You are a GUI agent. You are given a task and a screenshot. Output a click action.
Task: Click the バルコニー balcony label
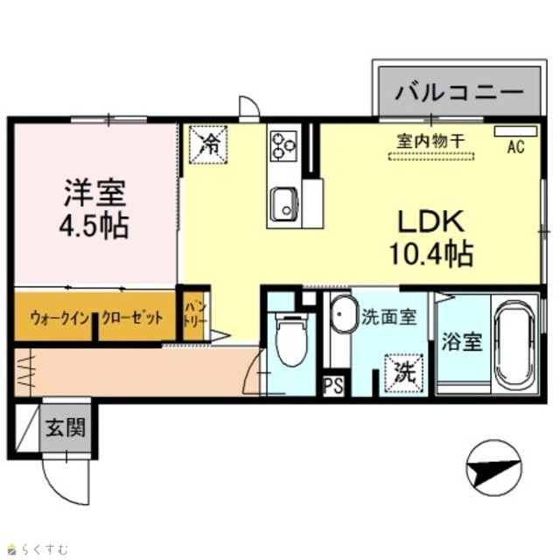(458, 92)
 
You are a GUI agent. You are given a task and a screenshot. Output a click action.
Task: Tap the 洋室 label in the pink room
(94, 193)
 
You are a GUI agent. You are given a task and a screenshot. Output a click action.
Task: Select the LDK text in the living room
(431, 221)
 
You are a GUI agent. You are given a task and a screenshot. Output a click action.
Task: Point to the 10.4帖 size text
(431, 254)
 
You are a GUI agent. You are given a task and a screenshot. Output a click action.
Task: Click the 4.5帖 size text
(94, 226)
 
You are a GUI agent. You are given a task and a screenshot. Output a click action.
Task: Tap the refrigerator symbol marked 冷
(208, 144)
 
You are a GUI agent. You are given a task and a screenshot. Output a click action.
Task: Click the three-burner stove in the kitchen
(283, 146)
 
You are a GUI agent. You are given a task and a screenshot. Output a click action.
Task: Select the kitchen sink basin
(284, 205)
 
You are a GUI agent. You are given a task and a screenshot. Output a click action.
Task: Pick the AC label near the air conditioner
(516, 146)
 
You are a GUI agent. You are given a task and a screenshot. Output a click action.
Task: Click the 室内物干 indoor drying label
(431, 142)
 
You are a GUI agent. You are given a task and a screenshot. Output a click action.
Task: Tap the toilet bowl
(291, 340)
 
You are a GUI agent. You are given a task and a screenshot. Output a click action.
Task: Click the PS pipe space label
(333, 386)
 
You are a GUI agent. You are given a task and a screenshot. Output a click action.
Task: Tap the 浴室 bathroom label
(462, 342)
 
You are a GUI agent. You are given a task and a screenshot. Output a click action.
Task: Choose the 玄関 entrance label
(66, 427)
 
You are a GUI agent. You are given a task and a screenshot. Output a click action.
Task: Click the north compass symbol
(493, 468)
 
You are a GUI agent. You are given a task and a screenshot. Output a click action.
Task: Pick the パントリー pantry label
(194, 314)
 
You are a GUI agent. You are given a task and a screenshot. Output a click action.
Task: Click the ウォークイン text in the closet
(59, 318)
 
